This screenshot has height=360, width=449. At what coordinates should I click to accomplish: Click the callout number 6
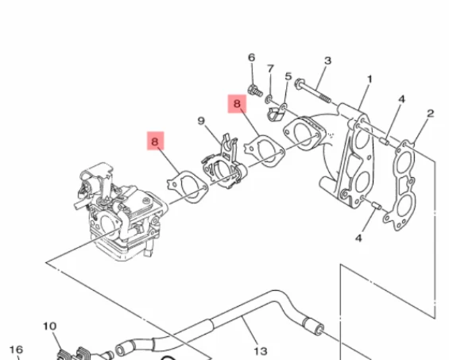pos(251,57)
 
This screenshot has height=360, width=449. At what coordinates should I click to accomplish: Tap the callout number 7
pos(270,68)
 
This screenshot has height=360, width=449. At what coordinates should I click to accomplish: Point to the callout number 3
pos(328,60)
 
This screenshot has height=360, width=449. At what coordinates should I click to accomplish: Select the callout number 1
pos(370,79)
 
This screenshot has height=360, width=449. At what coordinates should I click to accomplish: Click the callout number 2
pos(431,114)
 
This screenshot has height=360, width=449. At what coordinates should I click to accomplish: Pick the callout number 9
pos(201,121)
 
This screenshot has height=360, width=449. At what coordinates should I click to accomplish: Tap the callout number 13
pos(261,350)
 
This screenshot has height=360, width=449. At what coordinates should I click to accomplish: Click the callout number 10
pos(50,326)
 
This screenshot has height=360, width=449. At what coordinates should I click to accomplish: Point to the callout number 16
pos(16,350)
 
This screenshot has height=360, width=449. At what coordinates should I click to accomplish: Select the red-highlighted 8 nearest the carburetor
pos(156,141)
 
